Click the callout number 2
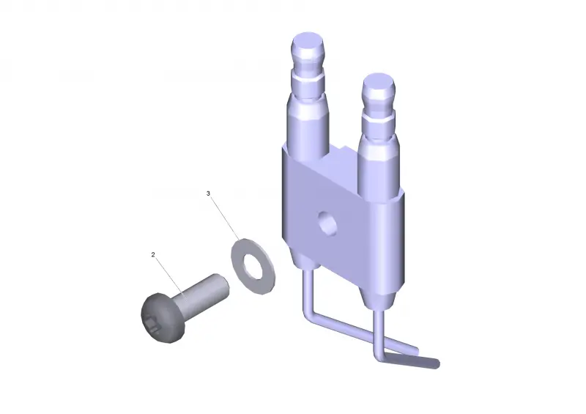coord(153,255)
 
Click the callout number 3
coord(208,193)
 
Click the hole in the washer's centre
coord(253,265)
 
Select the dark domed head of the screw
coord(163,318)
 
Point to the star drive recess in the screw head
coord(153,325)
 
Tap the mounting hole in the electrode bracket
coord(327,223)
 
